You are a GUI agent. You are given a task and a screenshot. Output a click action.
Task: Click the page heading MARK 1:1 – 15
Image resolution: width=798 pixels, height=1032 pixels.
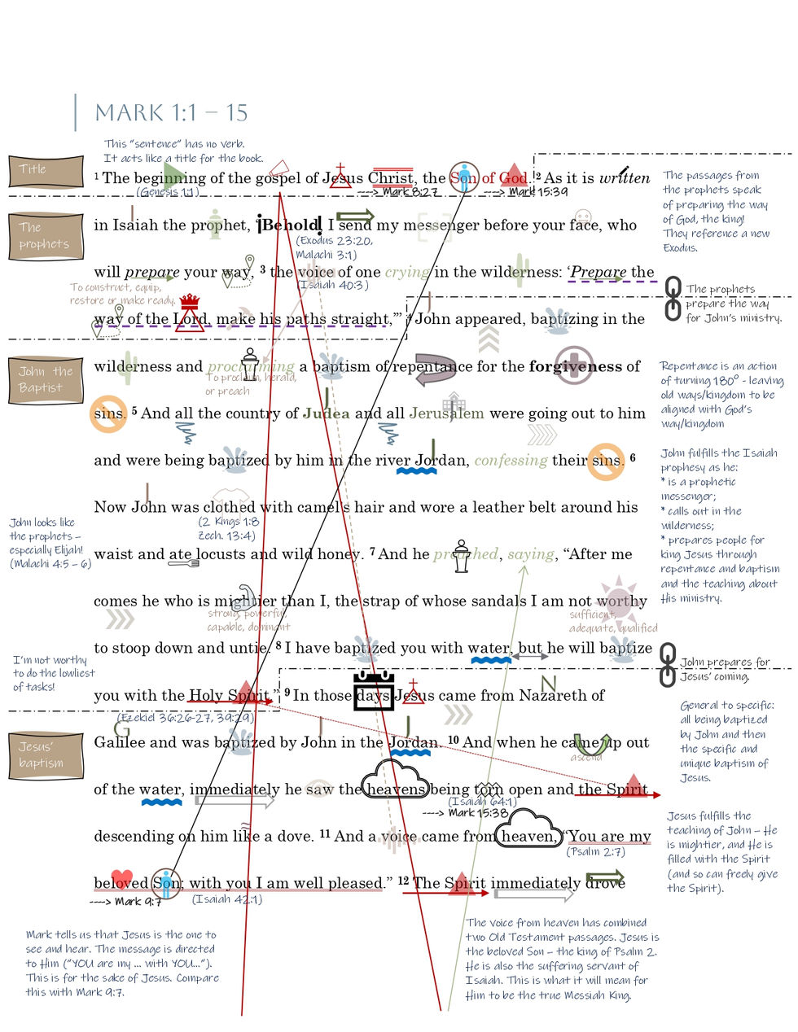click(171, 112)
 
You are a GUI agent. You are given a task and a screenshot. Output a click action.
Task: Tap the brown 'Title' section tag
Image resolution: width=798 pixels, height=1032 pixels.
click(46, 171)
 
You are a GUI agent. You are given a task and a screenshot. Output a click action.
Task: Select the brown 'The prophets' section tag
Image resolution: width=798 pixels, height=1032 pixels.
click(46, 236)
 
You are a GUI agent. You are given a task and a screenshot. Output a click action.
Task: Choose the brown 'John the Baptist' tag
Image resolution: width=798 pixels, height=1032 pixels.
click(46, 380)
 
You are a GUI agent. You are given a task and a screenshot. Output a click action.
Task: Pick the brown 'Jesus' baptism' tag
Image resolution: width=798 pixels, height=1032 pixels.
click(46, 755)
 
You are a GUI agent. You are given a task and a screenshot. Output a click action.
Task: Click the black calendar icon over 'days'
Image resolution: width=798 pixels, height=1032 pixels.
click(374, 692)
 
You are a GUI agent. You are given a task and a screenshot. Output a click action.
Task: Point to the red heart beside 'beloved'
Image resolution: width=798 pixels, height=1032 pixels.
click(121, 878)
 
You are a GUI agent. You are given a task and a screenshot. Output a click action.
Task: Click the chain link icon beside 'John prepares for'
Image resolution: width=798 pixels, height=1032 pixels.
click(668, 664)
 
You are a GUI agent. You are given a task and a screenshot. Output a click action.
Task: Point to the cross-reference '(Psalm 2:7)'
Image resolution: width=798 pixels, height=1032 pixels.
click(595, 852)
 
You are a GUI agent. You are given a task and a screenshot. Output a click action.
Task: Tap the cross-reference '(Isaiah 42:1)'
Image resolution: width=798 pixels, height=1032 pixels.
click(226, 899)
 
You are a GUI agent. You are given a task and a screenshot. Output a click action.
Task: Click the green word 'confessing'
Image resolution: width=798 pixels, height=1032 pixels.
click(511, 461)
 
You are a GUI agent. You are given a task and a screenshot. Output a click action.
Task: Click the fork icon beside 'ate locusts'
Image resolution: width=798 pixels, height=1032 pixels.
click(183, 562)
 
